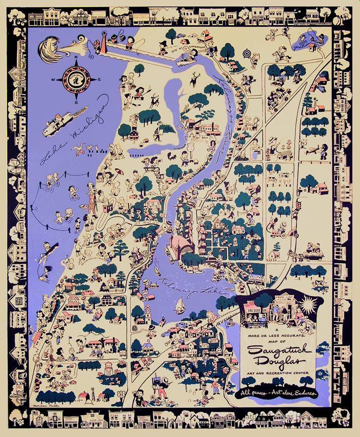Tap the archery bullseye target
[248, 52]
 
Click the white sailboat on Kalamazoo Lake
[179, 305]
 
